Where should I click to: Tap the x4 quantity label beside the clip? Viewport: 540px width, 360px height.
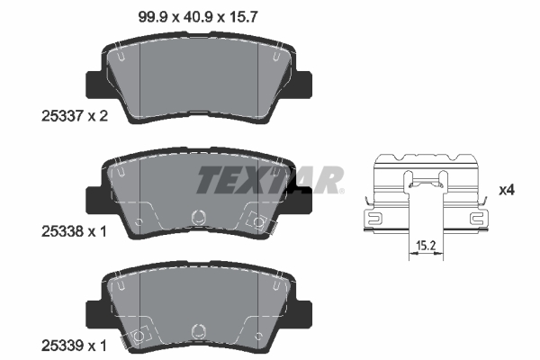(x=506, y=190)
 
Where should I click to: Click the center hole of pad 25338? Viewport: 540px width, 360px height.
(x=200, y=216)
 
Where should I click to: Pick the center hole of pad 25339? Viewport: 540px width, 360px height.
(x=200, y=329)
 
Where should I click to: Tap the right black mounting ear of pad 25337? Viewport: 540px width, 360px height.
(x=306, y=85)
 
